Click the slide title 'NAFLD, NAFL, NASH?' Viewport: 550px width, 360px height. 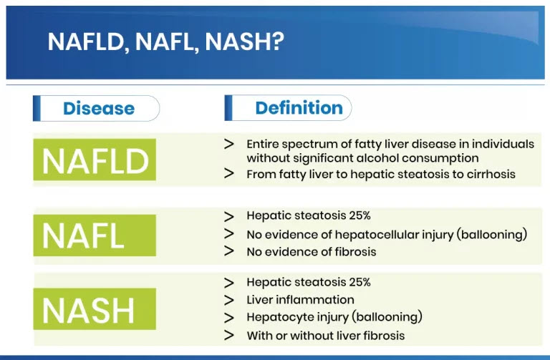(166, 42)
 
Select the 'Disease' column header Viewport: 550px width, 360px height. (99, 109)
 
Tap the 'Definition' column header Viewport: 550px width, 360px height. (299, 108)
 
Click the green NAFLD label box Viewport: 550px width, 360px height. (95, 160)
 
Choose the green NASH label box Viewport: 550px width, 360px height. (95, 310)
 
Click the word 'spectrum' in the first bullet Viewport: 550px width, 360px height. (302, 144)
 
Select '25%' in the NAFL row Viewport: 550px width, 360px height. (359, 215)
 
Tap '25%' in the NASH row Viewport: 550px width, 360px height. (359, 282)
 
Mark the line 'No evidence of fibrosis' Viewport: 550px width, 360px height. (311, 252)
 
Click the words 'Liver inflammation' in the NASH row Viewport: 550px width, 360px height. (300, 300)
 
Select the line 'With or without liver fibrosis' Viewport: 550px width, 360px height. (325, 335)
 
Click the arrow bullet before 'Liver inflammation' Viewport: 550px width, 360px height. (229, 300)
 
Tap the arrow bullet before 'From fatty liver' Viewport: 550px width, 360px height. (229, 173)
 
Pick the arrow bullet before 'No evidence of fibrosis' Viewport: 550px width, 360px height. (229, 251)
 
